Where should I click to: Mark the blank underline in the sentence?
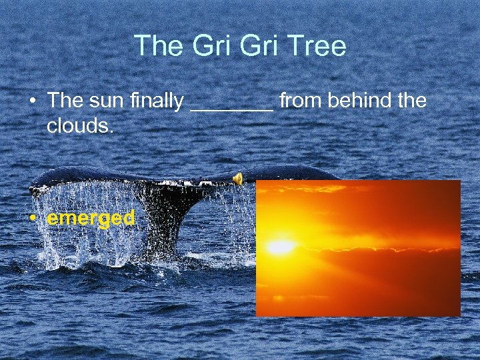[x=231, y=108]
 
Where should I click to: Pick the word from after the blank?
[x=302, y=101]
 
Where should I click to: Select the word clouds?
[x=79, y=125]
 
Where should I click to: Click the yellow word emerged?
[x=91, y=218]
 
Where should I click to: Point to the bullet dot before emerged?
[x=33, y=219]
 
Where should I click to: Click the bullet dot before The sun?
[x=33, y=102]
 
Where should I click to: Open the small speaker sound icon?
[x=237, y=177]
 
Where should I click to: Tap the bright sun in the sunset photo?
[x=281, y=247]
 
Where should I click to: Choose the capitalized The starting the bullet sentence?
[x=64, y=101]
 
